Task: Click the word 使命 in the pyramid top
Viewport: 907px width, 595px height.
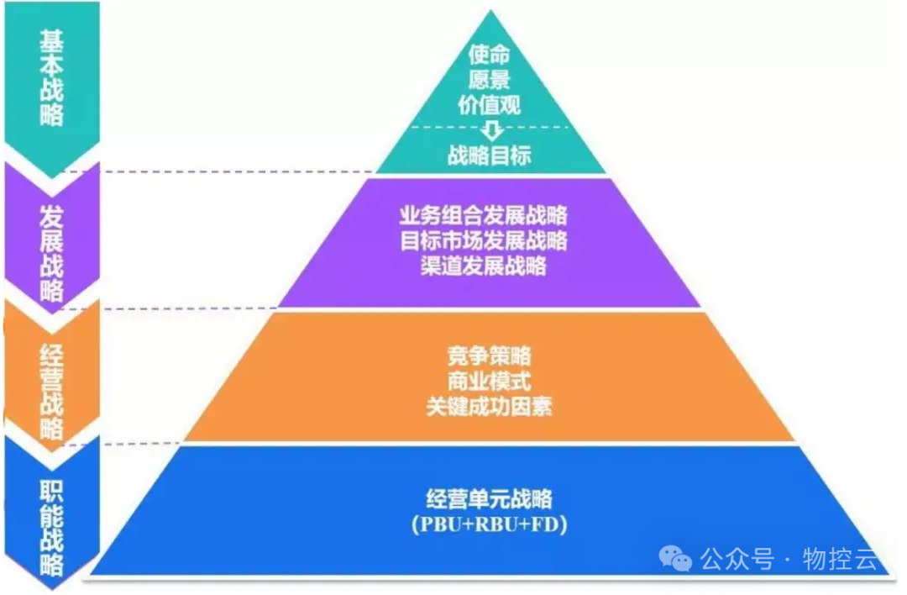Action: point(490,55)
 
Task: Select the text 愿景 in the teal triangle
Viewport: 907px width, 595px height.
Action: point(490,80)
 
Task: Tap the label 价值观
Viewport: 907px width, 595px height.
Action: point(490,104)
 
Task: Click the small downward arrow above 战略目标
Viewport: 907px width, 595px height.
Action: point(491,130)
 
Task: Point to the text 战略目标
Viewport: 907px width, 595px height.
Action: point(490,155)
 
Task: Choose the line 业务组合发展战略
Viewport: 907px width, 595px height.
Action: point(484,215)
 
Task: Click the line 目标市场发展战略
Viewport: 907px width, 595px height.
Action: point(484,240)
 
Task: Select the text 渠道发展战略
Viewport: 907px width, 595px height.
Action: point(484,266)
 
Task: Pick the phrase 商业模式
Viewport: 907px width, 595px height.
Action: point(490,381)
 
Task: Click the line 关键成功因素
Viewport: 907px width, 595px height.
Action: point(489,407)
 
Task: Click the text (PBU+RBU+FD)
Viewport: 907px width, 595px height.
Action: point(490,525)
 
